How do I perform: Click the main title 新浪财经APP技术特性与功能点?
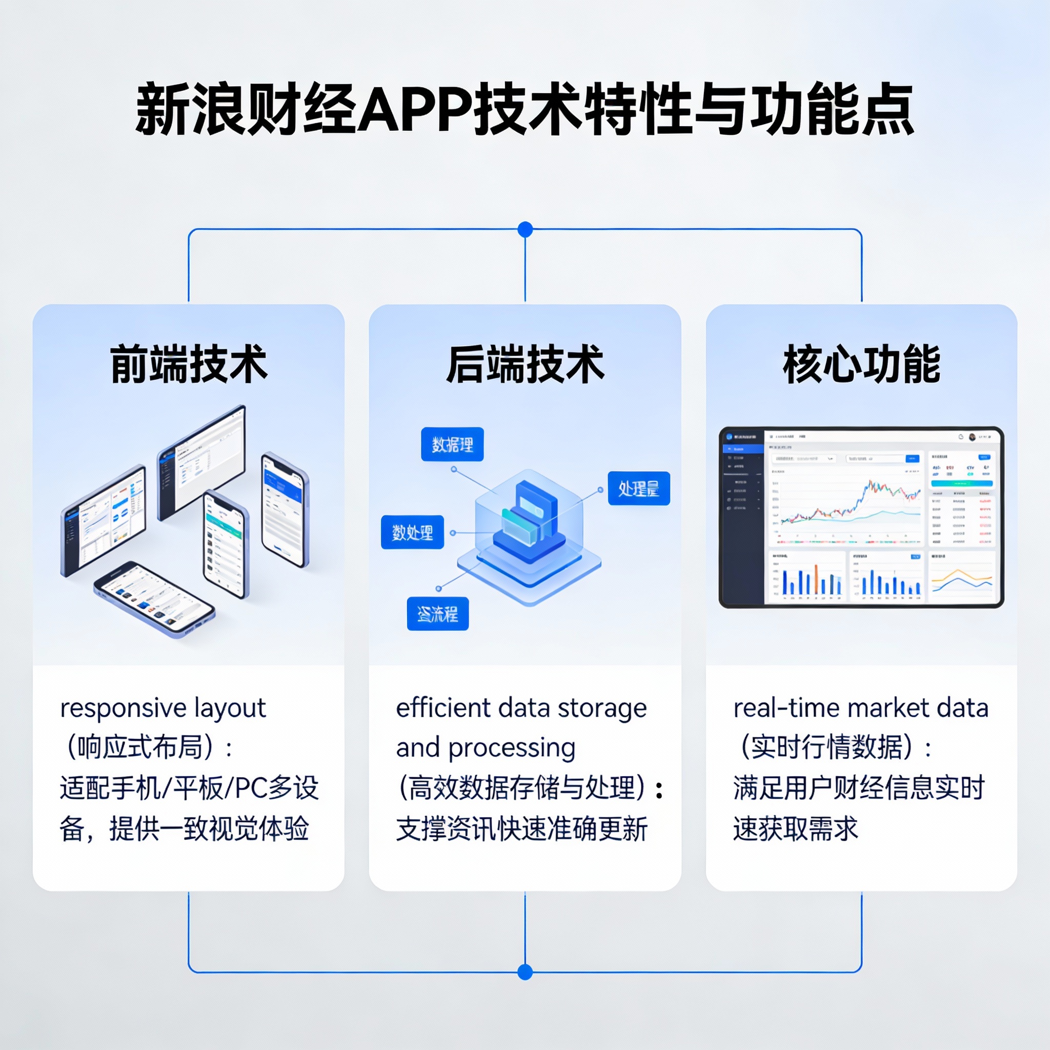(x=524, y=109)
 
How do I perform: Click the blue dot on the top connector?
(x=525, y=229)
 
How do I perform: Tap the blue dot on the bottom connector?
(x=525, y=972)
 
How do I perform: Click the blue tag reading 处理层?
(x=639, y=489)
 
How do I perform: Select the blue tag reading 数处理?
(x=413, y=532)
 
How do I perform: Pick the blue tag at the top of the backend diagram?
(x=452, y=445)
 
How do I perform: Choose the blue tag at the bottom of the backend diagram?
(x=437, y=614)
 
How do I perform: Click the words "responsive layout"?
(x=163, y=708)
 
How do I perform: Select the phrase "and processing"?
(x=486, y=748)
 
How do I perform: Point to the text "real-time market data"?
(x=861, y=708)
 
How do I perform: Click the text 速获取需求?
(x=795, y=829)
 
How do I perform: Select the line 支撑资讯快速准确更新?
(x=522, y=829)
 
